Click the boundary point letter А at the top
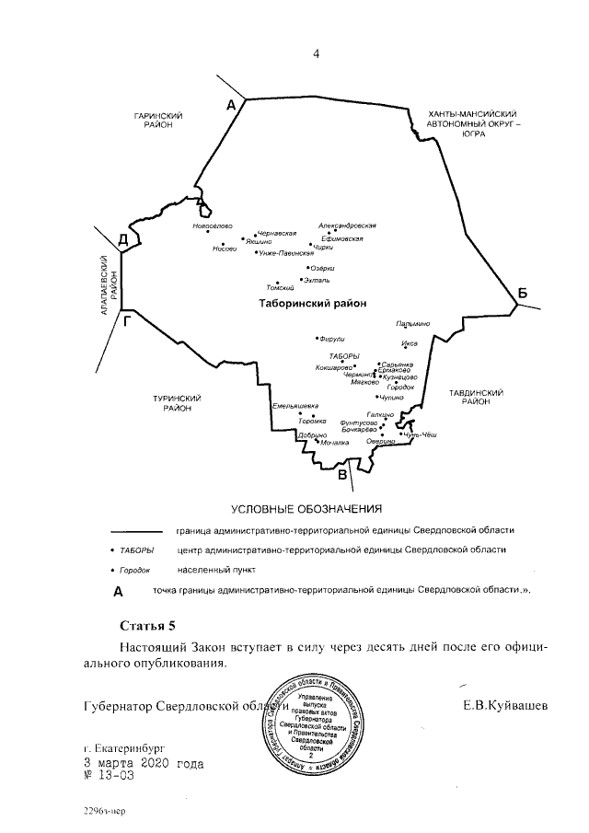(232, 107)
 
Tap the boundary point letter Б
(522, 294)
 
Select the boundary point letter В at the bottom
(343, 475)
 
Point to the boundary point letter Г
(128, 321)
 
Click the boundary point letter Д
(122, 240)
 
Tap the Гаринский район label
(158, 120)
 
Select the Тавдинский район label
(475, 396)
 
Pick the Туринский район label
(177, 402)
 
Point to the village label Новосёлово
(213, 226)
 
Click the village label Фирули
(331, 338)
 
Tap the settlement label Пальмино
(412, 324)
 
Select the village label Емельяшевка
(295, 406)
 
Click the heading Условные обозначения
(305, 508)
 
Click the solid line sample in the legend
(136, 531)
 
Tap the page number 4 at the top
(316, 52)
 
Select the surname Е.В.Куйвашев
(505, 706)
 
